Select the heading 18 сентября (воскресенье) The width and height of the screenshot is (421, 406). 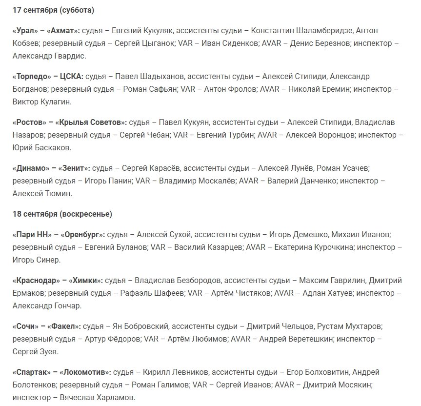(62, 214)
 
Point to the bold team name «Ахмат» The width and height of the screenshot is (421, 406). (63, 31)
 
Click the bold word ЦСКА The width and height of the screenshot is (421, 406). (71, 77)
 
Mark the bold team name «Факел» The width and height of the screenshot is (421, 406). (66, 326)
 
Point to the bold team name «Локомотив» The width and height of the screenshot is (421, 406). (88, 372)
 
